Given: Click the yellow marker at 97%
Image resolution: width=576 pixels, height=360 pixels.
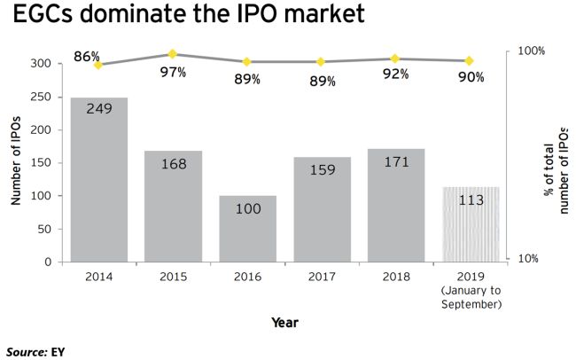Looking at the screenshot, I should pos(173,54).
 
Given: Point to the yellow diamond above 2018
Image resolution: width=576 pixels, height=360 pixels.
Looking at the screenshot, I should pos(395,59).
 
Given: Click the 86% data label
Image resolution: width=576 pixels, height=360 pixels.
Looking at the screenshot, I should pos(86,56).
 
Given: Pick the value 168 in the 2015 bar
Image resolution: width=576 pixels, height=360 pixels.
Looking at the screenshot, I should pos(173,164).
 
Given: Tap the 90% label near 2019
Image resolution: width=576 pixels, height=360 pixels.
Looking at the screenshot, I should pos(471,77).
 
